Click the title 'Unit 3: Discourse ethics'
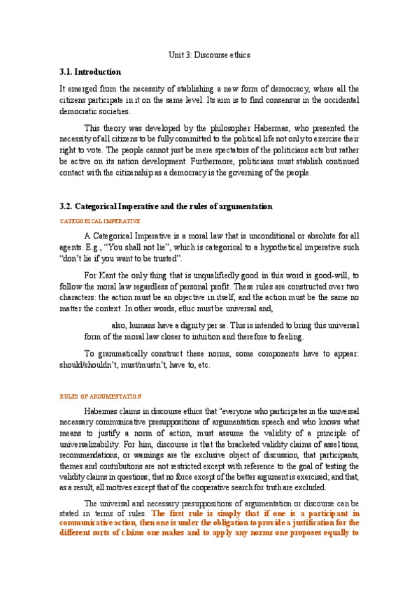pos(209,54)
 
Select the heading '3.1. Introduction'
pos(90,72)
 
